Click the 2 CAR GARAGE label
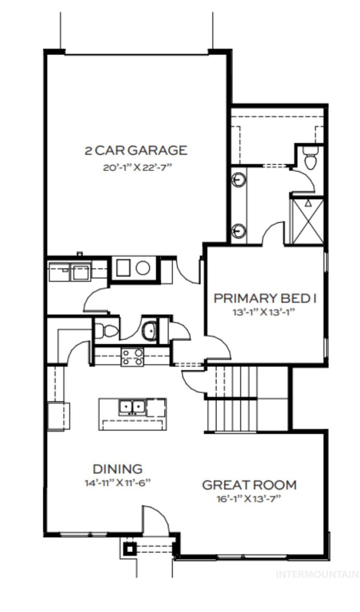point(136,150)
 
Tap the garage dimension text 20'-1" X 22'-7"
point(137,167)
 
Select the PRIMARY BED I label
point(265,298)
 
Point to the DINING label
point(117,469)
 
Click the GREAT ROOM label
point(249,485)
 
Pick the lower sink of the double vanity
point(238,230)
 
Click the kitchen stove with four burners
point(132,357)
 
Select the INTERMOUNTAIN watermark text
point(317,574)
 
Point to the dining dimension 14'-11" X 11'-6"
point(117,483)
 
